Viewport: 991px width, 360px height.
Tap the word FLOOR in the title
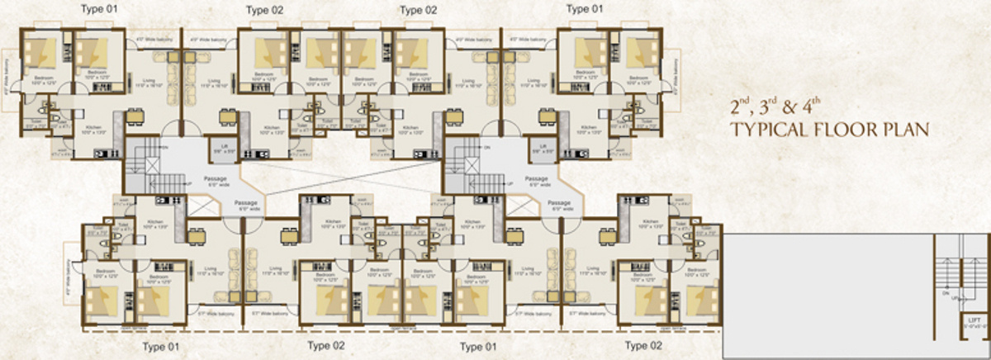pos(847,130)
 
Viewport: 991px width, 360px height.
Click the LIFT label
pos(974,320)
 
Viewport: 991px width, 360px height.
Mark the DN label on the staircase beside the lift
pos(943,291)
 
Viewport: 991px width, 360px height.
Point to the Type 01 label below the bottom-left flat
pos(162,345)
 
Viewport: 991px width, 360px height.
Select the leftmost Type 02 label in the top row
pos(266,9)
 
